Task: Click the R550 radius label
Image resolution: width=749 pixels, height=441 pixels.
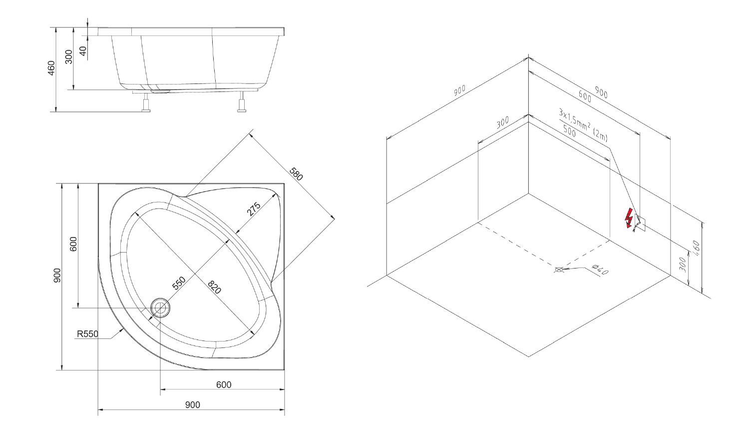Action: (x=87, y=334)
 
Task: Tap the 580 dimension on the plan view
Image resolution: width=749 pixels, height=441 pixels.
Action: (x=296, y=174)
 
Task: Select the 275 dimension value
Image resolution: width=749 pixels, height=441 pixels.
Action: (x=254, y=209)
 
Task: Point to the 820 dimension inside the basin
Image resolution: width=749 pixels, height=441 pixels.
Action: (x=214, y=287)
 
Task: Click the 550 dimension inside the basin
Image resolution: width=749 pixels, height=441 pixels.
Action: (x=179, y=283)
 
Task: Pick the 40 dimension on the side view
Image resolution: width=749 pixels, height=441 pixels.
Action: (x=82, y=51)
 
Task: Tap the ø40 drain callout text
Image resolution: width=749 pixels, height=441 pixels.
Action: (x=600, y=269)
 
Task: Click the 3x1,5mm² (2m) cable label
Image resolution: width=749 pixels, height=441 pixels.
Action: (x=583, y=125)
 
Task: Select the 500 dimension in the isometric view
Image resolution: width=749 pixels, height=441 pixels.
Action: (x=569, y=131)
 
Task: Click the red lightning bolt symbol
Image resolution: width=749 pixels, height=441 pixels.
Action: (x=629, y=218)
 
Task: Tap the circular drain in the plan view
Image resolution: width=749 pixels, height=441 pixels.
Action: (x=160, y=307)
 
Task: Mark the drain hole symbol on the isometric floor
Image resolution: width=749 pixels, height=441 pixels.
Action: (x=558, y=269)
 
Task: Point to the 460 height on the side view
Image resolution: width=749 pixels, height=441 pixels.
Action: (x=51, y=68)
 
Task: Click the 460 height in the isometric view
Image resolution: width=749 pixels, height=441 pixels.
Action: (x=697, y=248)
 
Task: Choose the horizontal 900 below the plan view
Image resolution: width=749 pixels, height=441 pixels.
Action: (x=193, y=405)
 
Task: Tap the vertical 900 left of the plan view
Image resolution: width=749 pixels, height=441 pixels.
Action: (x=57, y=275)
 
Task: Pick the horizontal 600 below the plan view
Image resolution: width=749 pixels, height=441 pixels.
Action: (x=224, y=384)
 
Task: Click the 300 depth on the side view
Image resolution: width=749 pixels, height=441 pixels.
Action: (x=68, y=57)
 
